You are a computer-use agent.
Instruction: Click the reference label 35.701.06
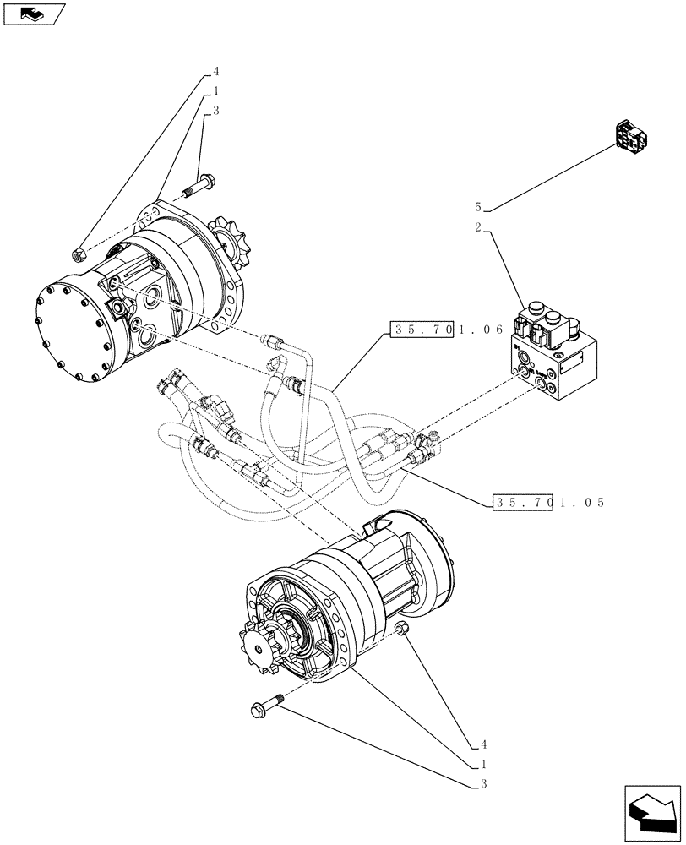447,331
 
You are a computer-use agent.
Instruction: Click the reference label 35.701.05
548,503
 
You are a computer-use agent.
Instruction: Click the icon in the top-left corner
34,14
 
